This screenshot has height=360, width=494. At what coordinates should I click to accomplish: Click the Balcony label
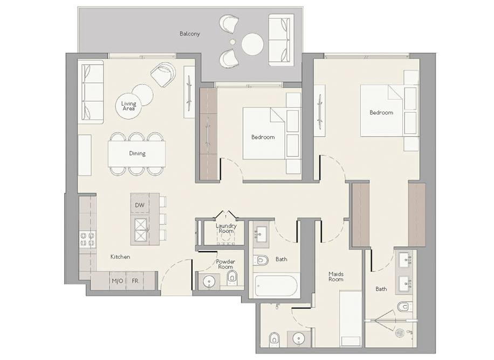[x=190, y=34]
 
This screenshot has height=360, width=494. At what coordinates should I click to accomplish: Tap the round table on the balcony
[x=252, y=44]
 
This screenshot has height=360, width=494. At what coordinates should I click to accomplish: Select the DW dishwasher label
[x=140, y=205]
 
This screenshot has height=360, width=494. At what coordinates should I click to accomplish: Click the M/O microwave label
[x=118, y=281]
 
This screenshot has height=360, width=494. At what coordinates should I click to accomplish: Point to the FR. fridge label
[x=135, y=281]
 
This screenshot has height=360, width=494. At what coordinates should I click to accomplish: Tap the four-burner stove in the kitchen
[x=88, y=239]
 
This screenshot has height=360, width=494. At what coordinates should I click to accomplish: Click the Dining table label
[x=138, y=154]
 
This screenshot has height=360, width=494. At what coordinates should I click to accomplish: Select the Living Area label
[x=128, y=106]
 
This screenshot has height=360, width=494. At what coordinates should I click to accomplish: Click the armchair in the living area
[x=163, y=74]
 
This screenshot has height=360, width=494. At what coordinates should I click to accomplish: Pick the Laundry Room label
[x=226, y=229]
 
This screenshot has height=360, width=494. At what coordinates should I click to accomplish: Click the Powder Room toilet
[x=232, y=277]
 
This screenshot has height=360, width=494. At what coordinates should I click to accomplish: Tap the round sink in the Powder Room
[x=209, y=281]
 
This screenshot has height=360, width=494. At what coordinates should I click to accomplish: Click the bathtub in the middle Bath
[x=276, y=286]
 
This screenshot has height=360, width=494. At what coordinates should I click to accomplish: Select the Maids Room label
[x=336, y=276]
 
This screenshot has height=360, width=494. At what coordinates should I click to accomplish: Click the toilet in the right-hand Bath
[x=404, y=306]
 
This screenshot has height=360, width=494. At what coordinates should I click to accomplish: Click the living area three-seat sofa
[x=92, y=92]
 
